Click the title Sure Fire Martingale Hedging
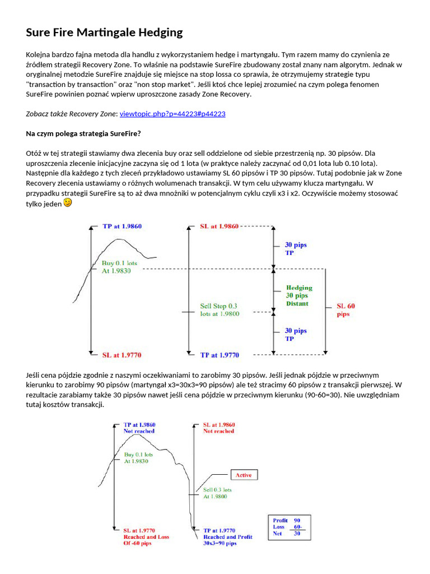click(104, 33)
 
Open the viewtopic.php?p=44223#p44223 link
click(172, 114)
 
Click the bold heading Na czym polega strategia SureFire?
click(83, 133)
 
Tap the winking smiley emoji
click(68, 203)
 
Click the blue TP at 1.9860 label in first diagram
click(121, 226)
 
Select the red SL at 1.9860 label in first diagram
click(219, 226)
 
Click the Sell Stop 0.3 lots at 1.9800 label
click(219, 310)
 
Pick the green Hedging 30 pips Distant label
click(299, 295)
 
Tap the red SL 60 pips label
click(345, 310)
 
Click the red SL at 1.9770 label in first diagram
click(121, 354)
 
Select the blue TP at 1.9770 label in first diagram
click(219, 355)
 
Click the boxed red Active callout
click(244, 475)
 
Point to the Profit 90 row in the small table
click(287, 520)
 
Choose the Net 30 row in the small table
click(287, 534)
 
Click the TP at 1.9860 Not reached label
click(139, 428)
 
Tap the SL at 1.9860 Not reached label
click(219, 428)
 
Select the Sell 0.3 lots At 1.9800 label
click(217, 493)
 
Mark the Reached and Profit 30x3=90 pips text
click(227, 540)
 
